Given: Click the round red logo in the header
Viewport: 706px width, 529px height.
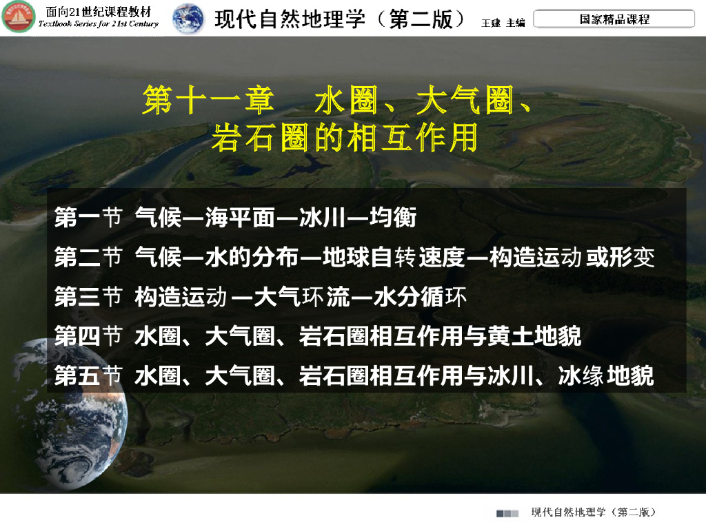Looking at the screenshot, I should (18, 17).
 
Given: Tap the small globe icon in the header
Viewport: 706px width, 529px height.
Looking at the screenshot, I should (188, 18).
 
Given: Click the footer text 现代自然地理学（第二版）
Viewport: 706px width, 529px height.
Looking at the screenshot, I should (593, 512).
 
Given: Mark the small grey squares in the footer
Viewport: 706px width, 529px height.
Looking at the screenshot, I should (507, 513).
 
